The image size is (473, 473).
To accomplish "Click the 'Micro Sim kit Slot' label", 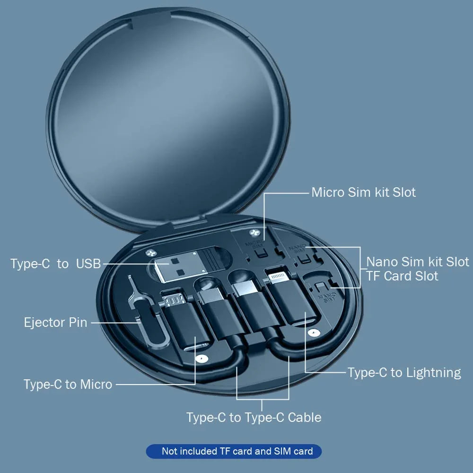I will (363, 193).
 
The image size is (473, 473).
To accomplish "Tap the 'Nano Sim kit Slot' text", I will (418, 262).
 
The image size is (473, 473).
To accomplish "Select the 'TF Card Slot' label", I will (402, 276).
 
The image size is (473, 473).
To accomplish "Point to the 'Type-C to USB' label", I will (56, 264).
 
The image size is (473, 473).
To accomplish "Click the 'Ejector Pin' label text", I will (56, 323).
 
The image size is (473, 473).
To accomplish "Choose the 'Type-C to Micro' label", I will (68, 384).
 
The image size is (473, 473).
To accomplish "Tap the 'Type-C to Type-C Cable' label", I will (254, 417).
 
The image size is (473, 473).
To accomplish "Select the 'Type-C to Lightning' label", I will (404, 373).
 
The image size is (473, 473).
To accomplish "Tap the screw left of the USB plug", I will (151, 254).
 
